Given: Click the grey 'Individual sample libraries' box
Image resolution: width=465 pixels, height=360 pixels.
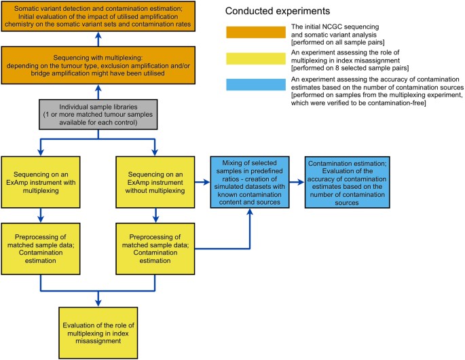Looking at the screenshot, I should [100, 115].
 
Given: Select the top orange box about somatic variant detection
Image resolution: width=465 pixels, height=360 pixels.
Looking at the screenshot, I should [100, 16].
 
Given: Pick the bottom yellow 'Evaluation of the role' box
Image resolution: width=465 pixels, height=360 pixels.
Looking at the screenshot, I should [100, 320].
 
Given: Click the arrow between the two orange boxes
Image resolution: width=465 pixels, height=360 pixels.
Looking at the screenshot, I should [100, 38].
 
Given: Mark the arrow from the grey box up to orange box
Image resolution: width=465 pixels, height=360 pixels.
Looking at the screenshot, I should [100, 92].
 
